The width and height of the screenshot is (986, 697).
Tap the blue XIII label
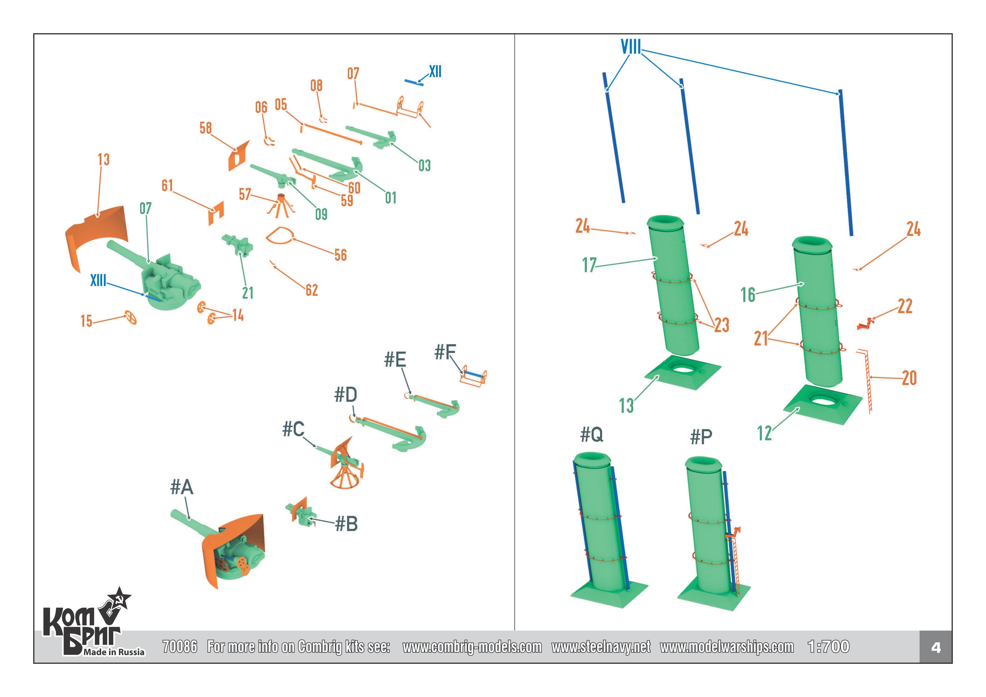point(98,280)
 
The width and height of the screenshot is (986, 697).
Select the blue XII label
point(435,71)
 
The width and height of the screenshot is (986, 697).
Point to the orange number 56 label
point(341,255)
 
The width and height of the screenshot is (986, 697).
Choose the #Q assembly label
point(591,435)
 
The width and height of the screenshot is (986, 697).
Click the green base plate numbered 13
point(682,372)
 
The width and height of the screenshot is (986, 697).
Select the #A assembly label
point(182,487)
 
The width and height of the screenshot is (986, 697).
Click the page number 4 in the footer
point(935,647)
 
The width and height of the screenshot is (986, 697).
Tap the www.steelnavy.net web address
point(601,647)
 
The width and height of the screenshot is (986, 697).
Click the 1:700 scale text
point(828,646)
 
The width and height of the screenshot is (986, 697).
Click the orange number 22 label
point(905,306)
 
